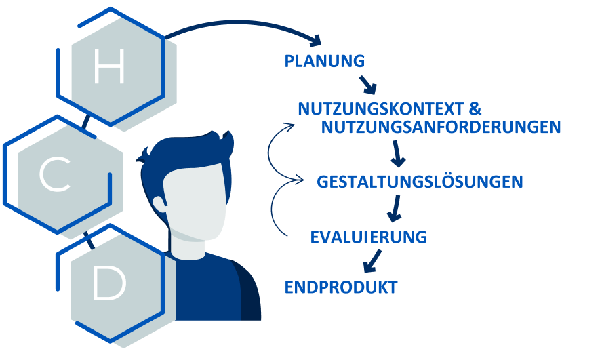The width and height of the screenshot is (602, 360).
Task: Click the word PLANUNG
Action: coord(325,61)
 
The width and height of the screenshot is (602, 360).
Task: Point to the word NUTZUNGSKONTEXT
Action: coord(380,109)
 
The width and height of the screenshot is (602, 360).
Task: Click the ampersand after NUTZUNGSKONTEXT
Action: coord(475,109)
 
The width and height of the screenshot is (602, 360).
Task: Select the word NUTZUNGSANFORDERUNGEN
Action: coord(441,127)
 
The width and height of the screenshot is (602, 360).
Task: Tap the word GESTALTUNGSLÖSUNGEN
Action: coord(420,182)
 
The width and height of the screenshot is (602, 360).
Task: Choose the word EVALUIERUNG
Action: coord(369,237)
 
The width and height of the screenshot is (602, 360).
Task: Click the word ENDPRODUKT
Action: coord(340,287)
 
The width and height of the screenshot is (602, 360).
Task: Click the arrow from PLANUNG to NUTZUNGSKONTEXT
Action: coord(367,84)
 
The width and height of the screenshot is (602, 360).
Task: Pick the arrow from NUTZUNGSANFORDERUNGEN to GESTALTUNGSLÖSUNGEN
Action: coord(398,154)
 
